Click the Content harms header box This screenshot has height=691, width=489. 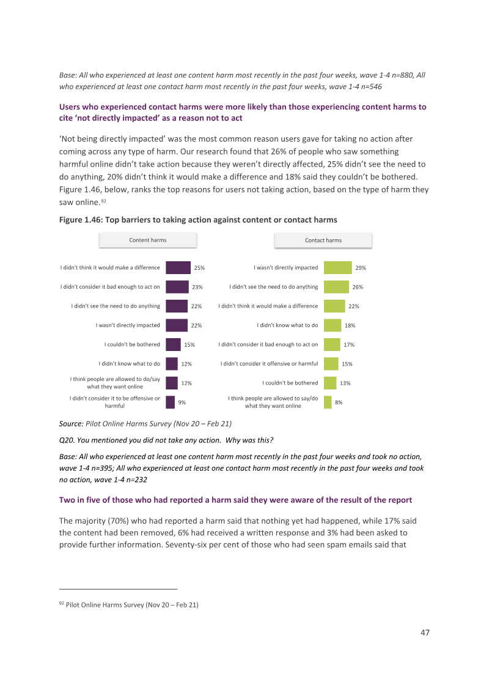pyautogui.click(x=148, y=240)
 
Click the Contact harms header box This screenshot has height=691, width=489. pyautogui.click(x=323, y=240)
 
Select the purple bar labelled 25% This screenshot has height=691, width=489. pyautogui.click(x=178, y=267)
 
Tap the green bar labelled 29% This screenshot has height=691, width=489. pyautogui.click(x=337, y=267)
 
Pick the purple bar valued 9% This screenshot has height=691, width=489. pyautogui.click(x=171, y=402)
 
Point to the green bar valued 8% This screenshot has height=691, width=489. pyautogui.click(x=328, y=402)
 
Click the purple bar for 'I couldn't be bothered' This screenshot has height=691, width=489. pyautogui.click(x=174, y=344)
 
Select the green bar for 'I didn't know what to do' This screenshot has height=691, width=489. pyautogui.click(x=333, y=325)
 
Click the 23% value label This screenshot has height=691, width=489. pyautogui.click(x=197, y=287)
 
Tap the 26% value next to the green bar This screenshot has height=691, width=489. pyautogui.click(x=358, y=287)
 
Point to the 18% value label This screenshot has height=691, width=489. pyautogui.click(x=350, y=325)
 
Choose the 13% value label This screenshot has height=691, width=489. pyautogui.click(x=345, y=383)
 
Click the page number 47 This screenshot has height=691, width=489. pyautogui.click(x=425, y=632)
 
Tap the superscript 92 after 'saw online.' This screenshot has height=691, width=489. pyautogui.click(x=104, y=200)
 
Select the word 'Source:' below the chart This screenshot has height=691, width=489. pyautogui.click(x=72, y=424)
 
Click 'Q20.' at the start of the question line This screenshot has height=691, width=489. pyautogui.click(x=67, y=440)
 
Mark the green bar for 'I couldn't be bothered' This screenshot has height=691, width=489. pyautogui.click(x=330, y=383)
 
